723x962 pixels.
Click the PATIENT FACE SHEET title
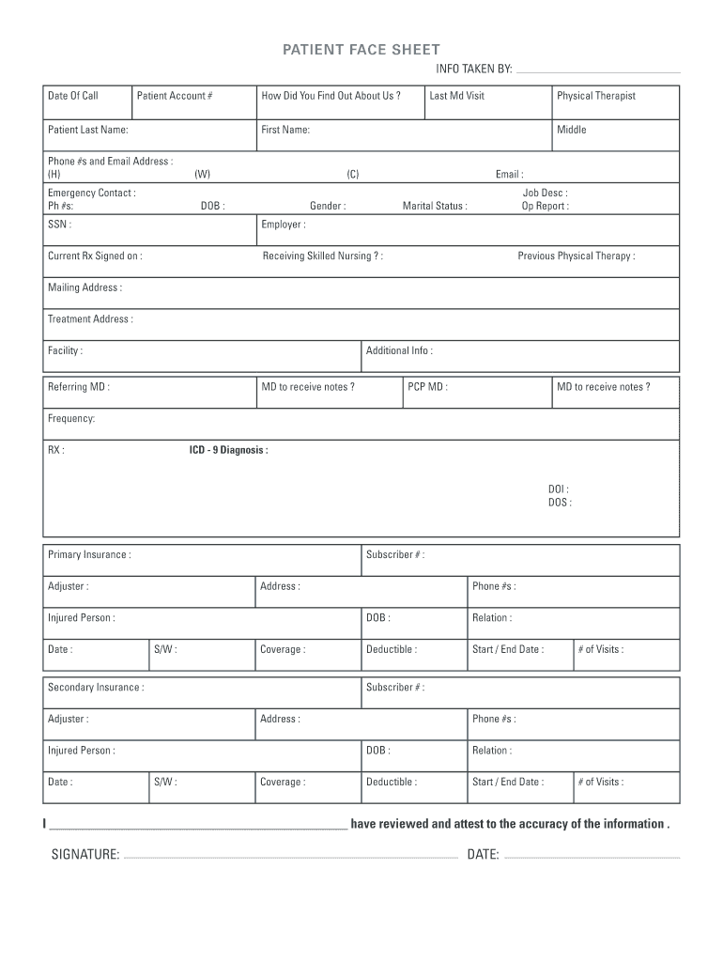361,50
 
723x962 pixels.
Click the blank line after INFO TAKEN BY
598,71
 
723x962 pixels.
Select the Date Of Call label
73,96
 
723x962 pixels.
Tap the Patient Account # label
175,96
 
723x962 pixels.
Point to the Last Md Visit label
456,96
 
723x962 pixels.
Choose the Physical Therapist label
595,96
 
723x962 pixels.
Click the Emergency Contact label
91,193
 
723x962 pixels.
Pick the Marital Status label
435,206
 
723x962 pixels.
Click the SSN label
59,225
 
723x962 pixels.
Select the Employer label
283,225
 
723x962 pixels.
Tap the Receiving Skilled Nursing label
322,256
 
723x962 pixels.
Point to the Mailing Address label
85,287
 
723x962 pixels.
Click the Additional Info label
399,350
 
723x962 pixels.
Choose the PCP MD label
427,386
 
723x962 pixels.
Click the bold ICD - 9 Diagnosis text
228,450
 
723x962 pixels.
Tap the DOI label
558,489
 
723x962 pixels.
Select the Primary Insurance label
89,554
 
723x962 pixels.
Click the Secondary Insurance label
96,687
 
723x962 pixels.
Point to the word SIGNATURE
85,854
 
